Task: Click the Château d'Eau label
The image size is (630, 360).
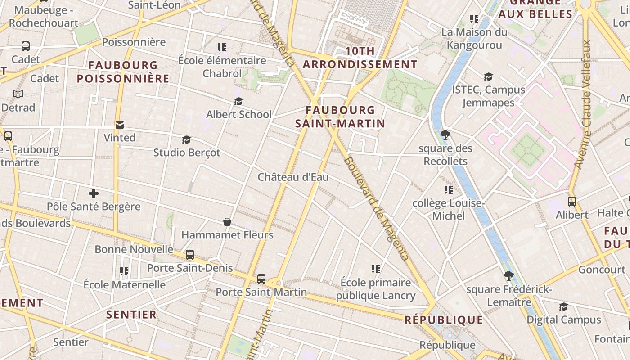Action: pos(293,177)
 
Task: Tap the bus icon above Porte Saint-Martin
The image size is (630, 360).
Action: pos(261,279)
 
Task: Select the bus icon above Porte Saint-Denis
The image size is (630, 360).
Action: pos(190,255)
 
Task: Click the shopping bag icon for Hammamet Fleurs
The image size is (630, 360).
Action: pos(227,222)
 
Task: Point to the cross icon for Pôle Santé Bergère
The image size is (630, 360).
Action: pos(94,194)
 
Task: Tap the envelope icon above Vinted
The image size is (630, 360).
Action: pos(120,125)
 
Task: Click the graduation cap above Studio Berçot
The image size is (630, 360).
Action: pos(187,140)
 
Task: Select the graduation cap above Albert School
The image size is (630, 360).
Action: pos(238,102)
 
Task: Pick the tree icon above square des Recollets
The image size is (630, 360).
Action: pos(445,135)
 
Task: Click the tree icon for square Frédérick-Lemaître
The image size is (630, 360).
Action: pos(509,275)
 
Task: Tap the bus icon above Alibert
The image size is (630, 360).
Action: pos(572,202)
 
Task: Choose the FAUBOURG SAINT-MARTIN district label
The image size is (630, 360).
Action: pos(340,117)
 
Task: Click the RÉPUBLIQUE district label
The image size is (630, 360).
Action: pos(444,320)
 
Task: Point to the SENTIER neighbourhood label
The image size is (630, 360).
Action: pos(131,314)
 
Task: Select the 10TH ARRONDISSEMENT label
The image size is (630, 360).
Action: pos(360,58)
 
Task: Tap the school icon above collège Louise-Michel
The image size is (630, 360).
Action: pos(448,190)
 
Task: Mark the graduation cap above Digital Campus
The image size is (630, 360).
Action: pos(563,307)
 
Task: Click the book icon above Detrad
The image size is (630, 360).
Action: pos(18,94)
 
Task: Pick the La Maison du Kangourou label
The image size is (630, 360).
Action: pos(474,38)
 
